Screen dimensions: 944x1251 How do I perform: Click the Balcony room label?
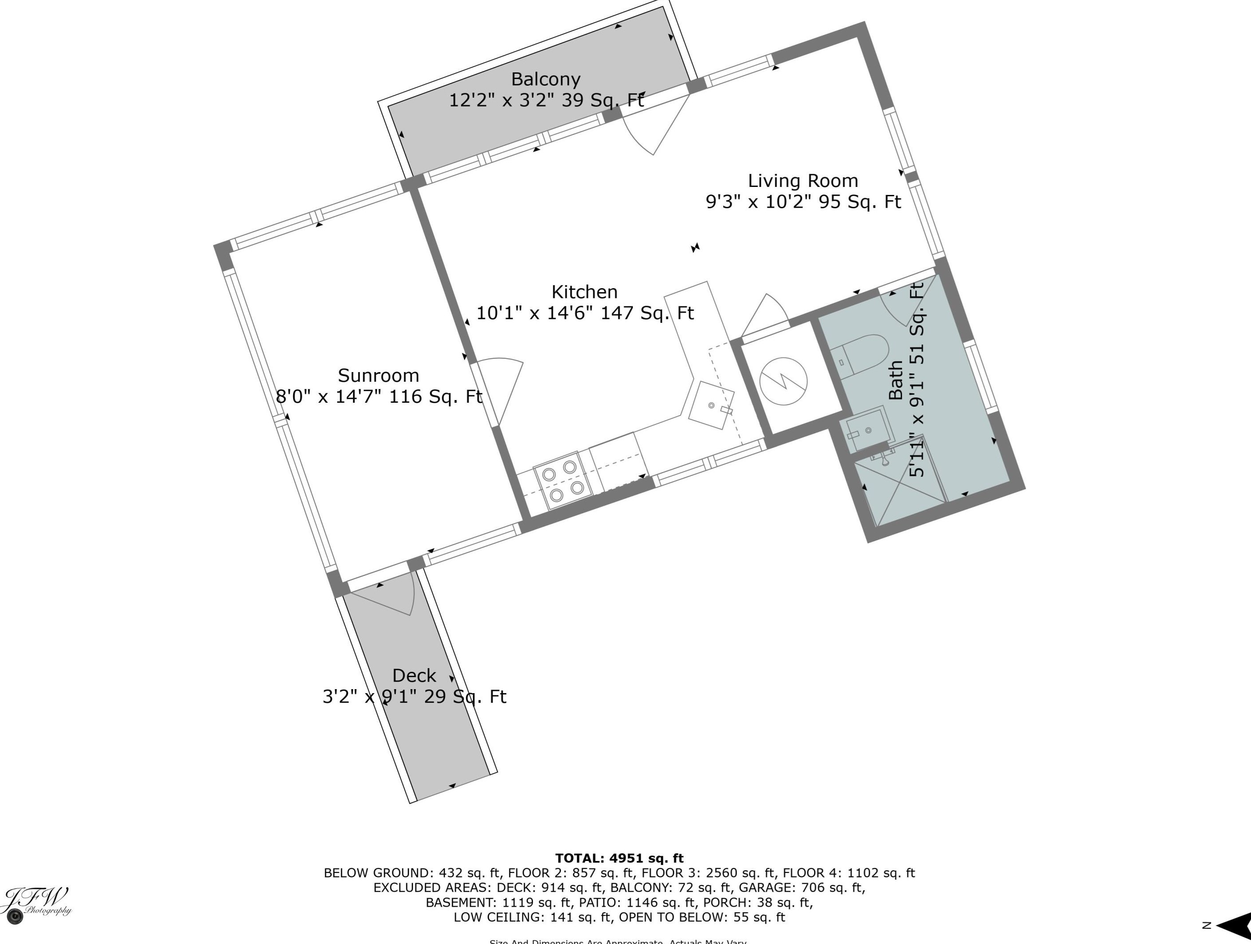pos(545,79)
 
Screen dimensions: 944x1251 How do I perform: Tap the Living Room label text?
pos(802,181)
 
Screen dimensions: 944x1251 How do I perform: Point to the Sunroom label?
pos(378,376)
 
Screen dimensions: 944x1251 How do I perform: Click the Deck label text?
pos(414,675)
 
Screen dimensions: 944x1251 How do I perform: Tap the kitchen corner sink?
pos(711,405)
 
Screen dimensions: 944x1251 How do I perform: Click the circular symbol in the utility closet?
pos(783,381)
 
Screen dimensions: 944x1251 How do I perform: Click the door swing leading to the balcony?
pos(656,127)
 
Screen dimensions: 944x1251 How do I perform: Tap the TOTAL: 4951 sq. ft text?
pos(619,858)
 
